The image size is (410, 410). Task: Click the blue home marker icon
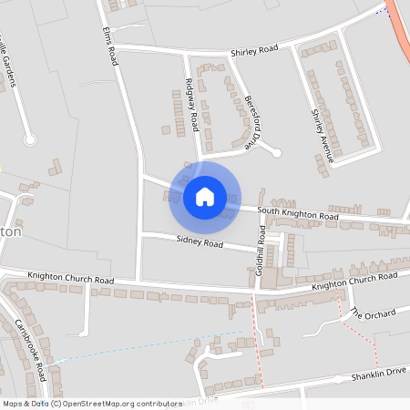204,196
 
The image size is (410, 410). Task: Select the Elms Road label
112,46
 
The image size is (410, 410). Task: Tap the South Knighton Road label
297,214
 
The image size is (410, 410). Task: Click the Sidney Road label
200,243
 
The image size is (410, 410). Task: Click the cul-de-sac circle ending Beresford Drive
277,152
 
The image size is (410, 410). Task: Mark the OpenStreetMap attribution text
91,403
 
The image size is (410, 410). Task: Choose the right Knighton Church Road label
354,280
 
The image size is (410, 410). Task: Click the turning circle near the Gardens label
30,139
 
